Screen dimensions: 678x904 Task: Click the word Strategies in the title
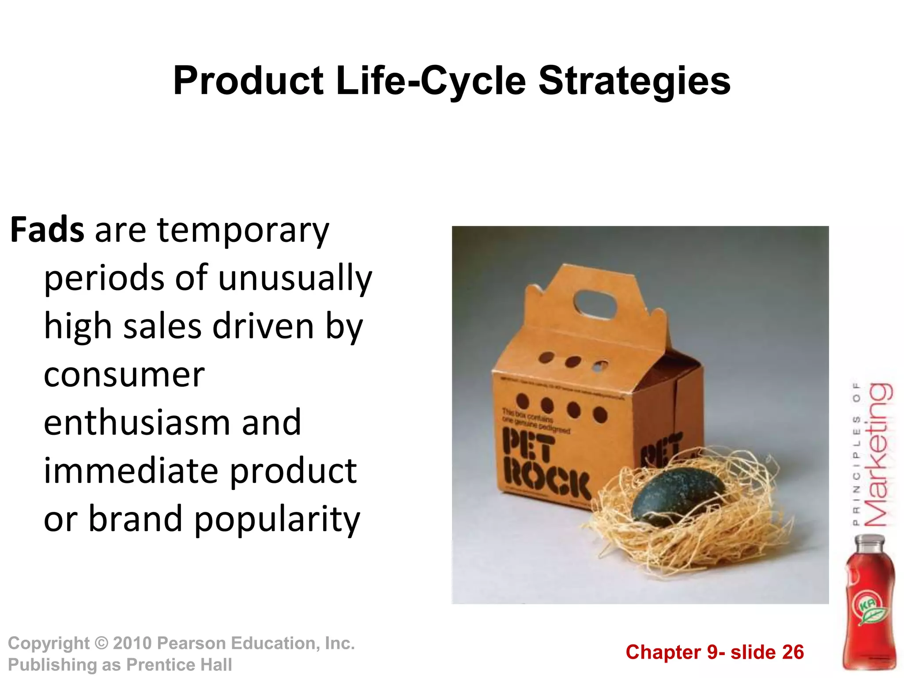634,81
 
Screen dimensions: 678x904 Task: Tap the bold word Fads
47,230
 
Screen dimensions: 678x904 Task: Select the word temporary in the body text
243,231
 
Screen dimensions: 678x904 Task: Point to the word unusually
295,279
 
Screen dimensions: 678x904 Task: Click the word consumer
124,375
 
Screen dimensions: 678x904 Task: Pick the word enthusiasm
137,422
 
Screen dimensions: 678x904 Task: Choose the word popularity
277,519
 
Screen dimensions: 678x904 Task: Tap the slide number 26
793,652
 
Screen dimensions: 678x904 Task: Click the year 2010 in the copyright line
132,643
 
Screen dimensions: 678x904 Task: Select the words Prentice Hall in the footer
179,665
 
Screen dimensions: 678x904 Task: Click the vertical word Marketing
878,455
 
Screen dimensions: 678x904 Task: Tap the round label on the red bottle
869,607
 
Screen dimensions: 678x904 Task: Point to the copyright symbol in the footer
102,643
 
